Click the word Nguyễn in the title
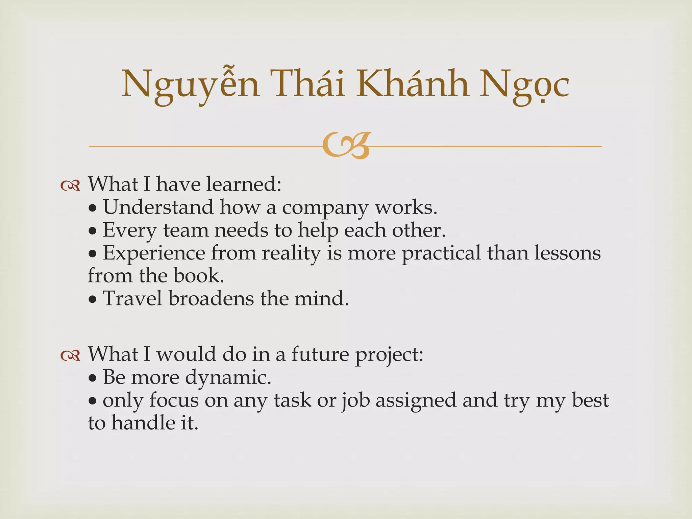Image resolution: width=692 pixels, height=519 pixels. point(191,84)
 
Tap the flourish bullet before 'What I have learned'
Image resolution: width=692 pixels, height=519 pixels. point(70,186)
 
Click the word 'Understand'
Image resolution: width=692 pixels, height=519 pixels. point(158,207)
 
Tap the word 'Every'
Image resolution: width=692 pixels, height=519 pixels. point(130,230)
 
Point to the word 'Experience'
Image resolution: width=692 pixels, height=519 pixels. point(154,253)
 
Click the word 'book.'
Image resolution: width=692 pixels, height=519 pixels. point(199,276)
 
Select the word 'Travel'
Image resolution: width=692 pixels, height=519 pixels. point(132,299)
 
